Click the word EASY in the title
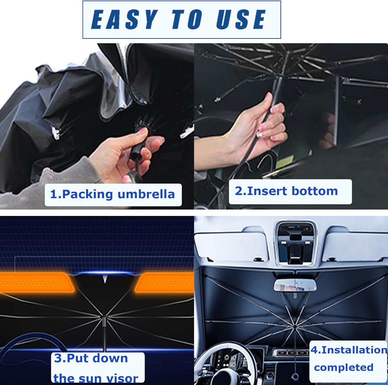point(124,19)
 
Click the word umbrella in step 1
point(146,194)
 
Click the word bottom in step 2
point(315,191)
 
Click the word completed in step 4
point(344,367)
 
